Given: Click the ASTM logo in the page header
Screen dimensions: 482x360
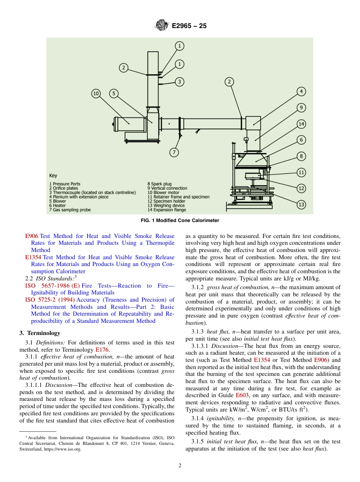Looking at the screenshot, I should click(161, 26).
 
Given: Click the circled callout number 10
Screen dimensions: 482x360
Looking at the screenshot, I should click(96, 94).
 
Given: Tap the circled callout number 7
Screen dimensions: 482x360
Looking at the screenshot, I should click(174, 152).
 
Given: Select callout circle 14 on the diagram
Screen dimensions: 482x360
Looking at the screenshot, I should click(301, 124).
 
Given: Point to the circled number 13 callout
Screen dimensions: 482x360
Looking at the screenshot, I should click(301, 205).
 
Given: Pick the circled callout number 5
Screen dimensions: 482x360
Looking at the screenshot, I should click(114, 94).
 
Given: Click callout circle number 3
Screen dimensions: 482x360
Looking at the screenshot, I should click(179, 81).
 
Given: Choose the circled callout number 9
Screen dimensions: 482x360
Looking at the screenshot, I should click(301, 108).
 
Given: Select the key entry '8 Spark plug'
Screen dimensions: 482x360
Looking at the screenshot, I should click(160, 184).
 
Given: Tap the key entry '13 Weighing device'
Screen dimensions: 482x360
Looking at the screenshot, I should click(166, 205).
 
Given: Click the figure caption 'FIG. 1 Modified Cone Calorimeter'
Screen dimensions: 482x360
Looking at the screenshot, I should click(180, 221).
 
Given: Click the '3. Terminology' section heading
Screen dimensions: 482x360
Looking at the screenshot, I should click(40, 333).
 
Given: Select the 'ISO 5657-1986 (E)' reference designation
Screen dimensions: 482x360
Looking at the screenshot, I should click(52, 285).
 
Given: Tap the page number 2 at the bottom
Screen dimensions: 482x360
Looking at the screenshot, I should click(180, 466).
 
